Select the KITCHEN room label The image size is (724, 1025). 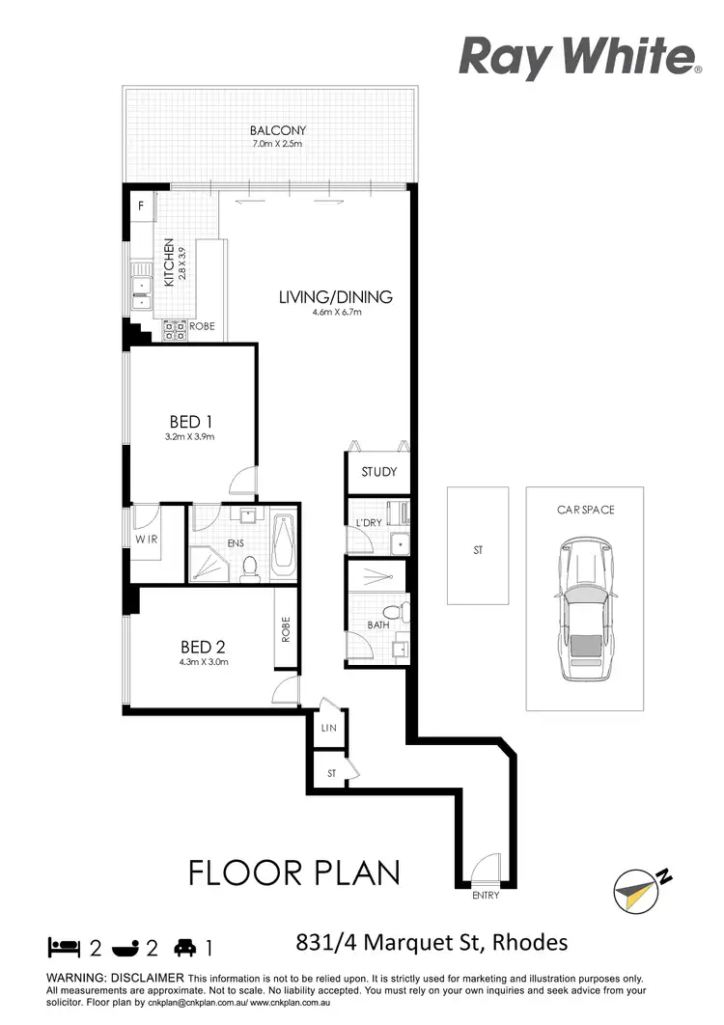[x=169, y=263]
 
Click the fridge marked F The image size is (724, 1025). [x=141, y=206]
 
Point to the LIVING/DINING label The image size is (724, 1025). [x=335, y=297]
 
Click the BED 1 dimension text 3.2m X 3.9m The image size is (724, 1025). [x=190, y=437]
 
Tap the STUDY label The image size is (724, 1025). [x=378, y=473]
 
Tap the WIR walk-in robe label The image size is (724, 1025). [x=146, y=539]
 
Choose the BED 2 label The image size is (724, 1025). [x=203, y=647]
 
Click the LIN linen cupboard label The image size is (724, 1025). [x=328, y=729]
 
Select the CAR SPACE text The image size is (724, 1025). [x=585, y=510]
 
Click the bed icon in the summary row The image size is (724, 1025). [x=62, y=947]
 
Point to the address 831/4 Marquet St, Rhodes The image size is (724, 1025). [x=430, y=942]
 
